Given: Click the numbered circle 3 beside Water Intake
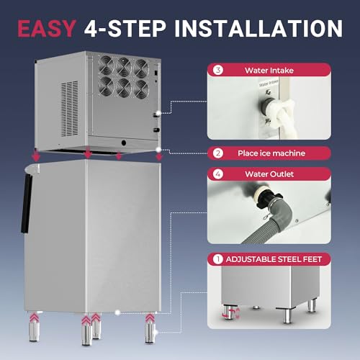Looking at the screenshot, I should [x=218, y=71].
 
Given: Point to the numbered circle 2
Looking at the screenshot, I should [x=218, y=153].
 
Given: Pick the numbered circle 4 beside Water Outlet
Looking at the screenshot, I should [x=218, y=174].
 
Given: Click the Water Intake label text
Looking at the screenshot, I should [x=269, y=71].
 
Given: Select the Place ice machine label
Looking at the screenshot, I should [x=269, y=153].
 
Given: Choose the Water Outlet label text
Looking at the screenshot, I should [x=269, y=174].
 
